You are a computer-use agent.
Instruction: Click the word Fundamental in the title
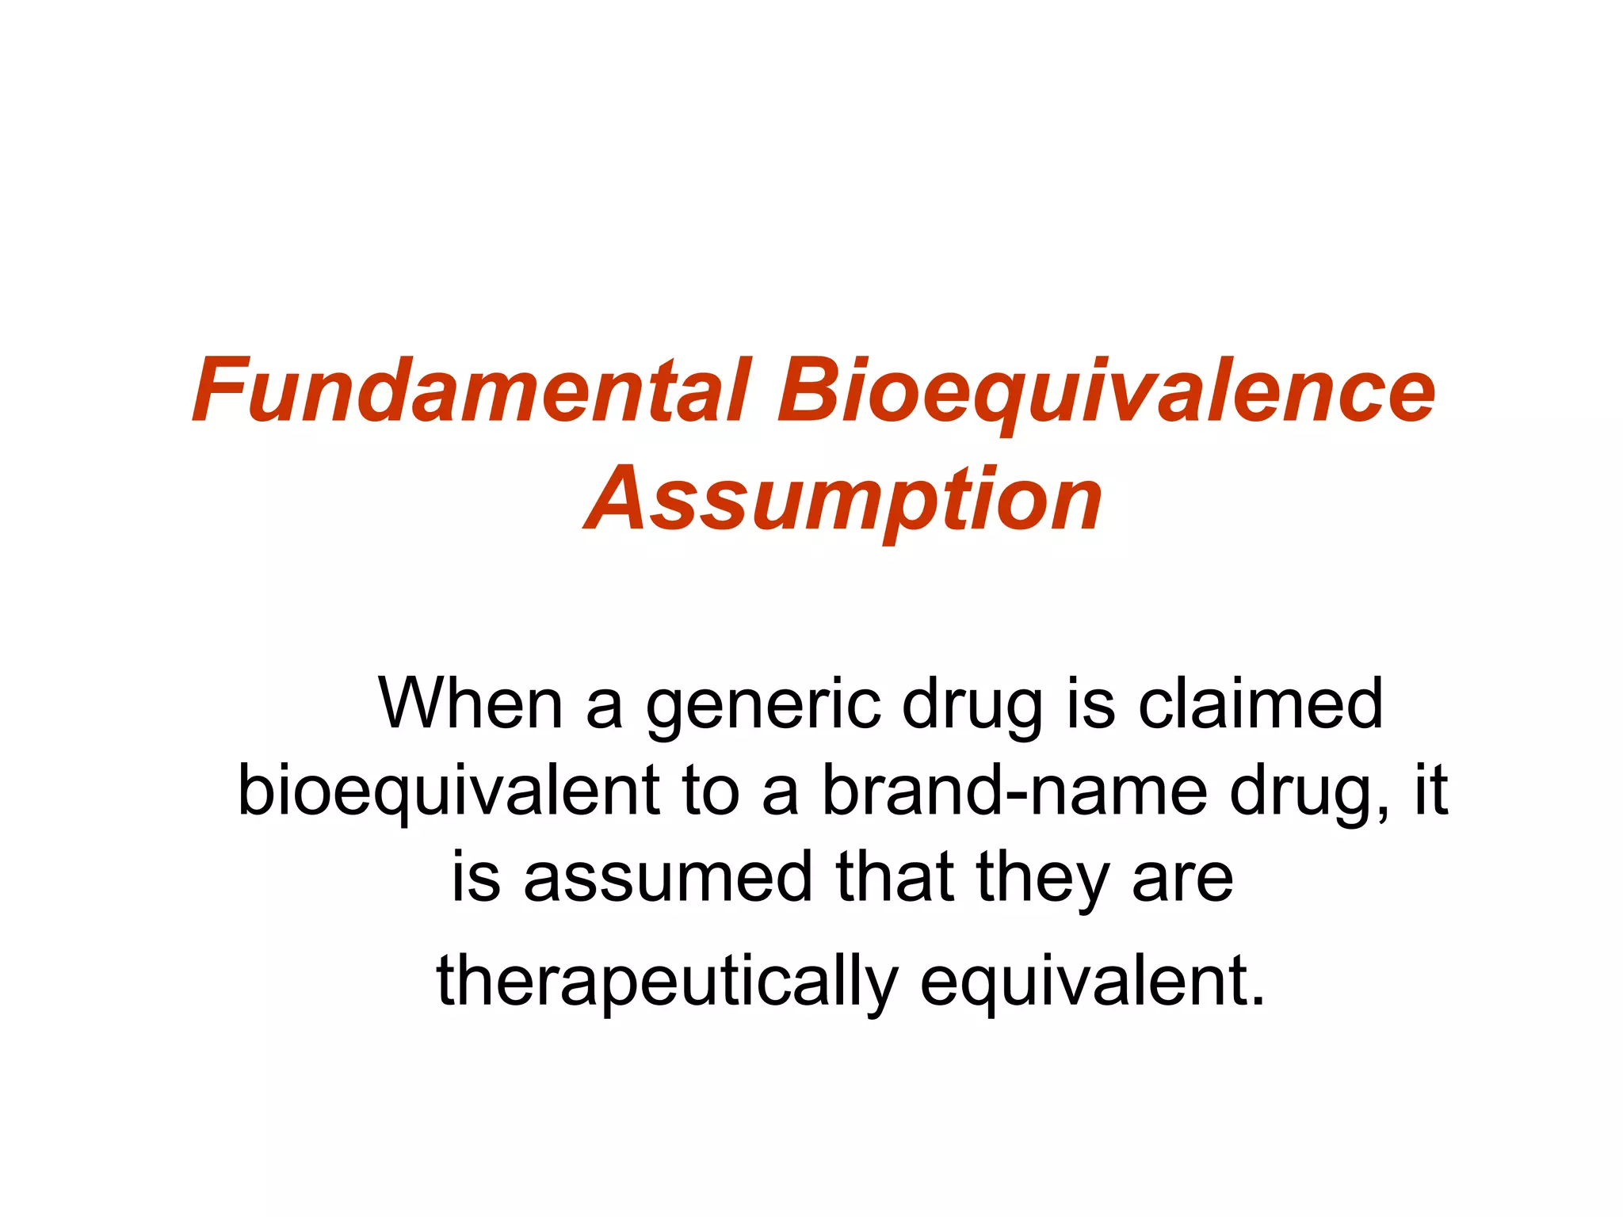471,391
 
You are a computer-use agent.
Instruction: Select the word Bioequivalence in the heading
1106,391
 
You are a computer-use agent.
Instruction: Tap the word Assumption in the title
843,499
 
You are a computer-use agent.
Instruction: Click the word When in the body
471,704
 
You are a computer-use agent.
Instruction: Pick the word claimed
1260,704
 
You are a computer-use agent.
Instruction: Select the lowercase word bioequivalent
449,791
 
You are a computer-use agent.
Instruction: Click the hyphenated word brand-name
1014,791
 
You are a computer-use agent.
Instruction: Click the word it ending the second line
1431,791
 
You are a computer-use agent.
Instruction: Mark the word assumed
668,877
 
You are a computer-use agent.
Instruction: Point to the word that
895,877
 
